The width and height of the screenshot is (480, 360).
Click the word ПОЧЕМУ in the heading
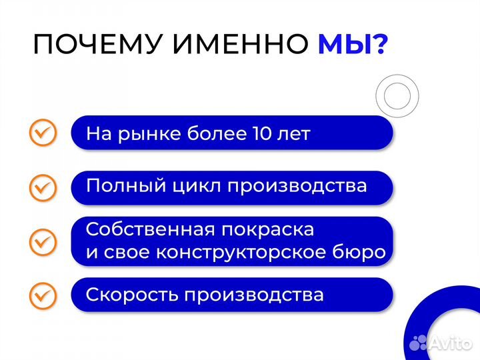click(97, 45)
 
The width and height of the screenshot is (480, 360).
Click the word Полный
click(119, 186)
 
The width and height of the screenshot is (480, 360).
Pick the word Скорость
click(125, 295)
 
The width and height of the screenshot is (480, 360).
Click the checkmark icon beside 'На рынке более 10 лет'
click(43, 133)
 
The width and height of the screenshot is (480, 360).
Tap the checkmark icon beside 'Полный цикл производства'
click(43, 187)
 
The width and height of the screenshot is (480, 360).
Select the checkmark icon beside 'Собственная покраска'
click(43, 241)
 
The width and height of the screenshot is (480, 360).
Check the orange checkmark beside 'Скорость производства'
click(43, 295)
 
